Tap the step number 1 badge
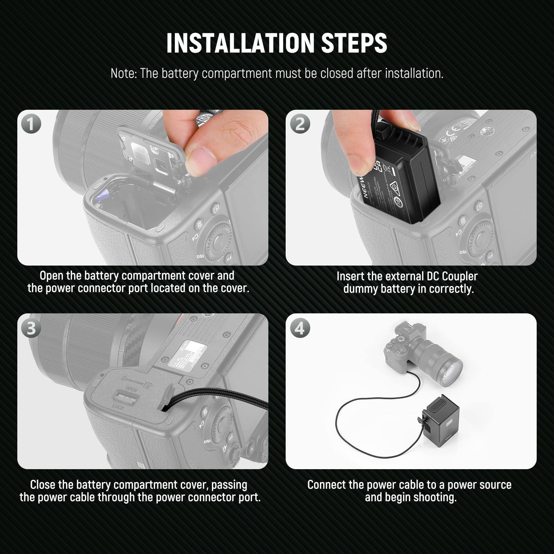(31, 124)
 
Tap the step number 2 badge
(300, 124)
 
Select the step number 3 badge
(31, 328)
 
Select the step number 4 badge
(300, 328)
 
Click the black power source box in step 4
(438, 417)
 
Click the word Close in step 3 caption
(43, 484)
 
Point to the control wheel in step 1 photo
(218, 239)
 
